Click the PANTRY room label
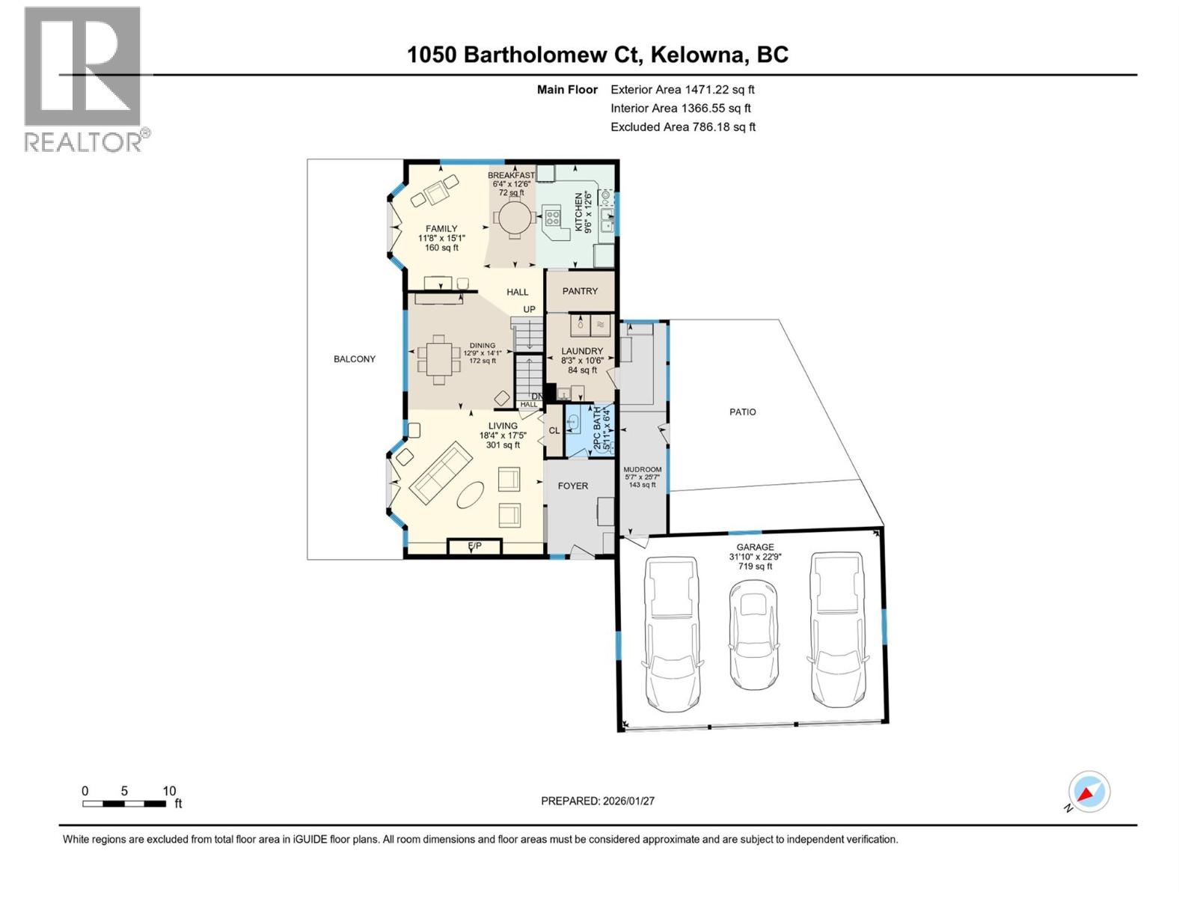click(580, 291)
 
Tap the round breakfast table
click(514, 219)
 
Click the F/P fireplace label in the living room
click(474, 546)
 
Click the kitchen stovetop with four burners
click(553, 218)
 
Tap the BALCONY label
click(355, 359)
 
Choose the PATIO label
click(743, 412)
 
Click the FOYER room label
click(573, 486)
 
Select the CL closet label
click(554, 430)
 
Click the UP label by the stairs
click(529, 309)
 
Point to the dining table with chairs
click(439, 361)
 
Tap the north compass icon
click(1089, 792)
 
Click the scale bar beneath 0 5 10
click(124, 804)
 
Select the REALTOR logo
click(84, 79)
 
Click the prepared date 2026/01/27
click(628, 801)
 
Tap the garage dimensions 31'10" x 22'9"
click(754, 557)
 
